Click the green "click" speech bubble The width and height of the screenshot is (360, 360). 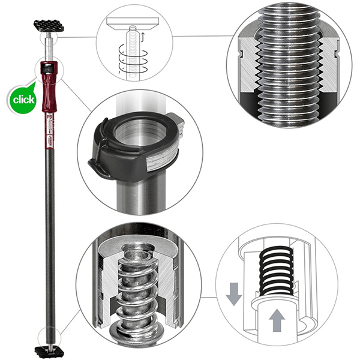(22, 97)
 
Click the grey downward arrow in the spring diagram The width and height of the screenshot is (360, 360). (235, 294)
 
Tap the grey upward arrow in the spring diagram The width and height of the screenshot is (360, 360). (276, 322)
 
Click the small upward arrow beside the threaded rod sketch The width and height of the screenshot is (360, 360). (142, 38)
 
